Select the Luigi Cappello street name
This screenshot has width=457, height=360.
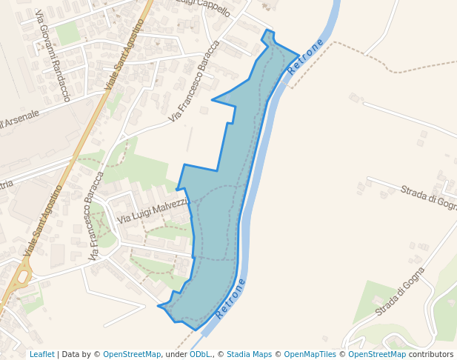point(204,7)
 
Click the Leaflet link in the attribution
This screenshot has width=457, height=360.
point(41,354)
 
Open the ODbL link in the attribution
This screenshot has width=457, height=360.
point(200,354)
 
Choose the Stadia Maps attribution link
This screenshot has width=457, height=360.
point(249,354)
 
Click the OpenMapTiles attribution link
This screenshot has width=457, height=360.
point(310,354)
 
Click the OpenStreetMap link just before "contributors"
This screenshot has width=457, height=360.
point(377,354)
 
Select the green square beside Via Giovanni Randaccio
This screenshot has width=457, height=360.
point(67,33)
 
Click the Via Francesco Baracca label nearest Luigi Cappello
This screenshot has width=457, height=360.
point(194,81)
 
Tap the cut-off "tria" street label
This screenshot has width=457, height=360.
point(6,184)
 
